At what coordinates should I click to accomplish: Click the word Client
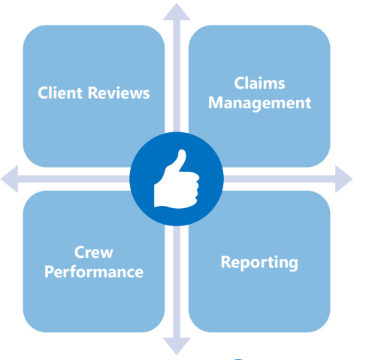60,93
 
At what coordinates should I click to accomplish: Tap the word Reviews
119,93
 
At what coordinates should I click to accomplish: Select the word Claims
259,83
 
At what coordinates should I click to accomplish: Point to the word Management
259,103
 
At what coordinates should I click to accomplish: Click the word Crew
94,253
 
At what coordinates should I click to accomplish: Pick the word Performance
94,272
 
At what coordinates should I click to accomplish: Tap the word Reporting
259,262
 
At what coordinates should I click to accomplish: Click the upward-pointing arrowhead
177,12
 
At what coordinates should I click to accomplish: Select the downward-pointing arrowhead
177,346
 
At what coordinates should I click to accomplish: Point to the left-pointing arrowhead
10,179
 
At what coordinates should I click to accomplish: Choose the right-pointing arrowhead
344,179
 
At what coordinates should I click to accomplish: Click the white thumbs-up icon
177,179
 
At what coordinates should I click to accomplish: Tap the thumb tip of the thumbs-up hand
182,152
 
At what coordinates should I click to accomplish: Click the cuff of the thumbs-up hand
159,195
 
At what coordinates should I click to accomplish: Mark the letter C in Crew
80,253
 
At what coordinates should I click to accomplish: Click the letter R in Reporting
225,262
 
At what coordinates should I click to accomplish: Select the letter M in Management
216,103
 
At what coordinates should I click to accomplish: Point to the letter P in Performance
49,272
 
